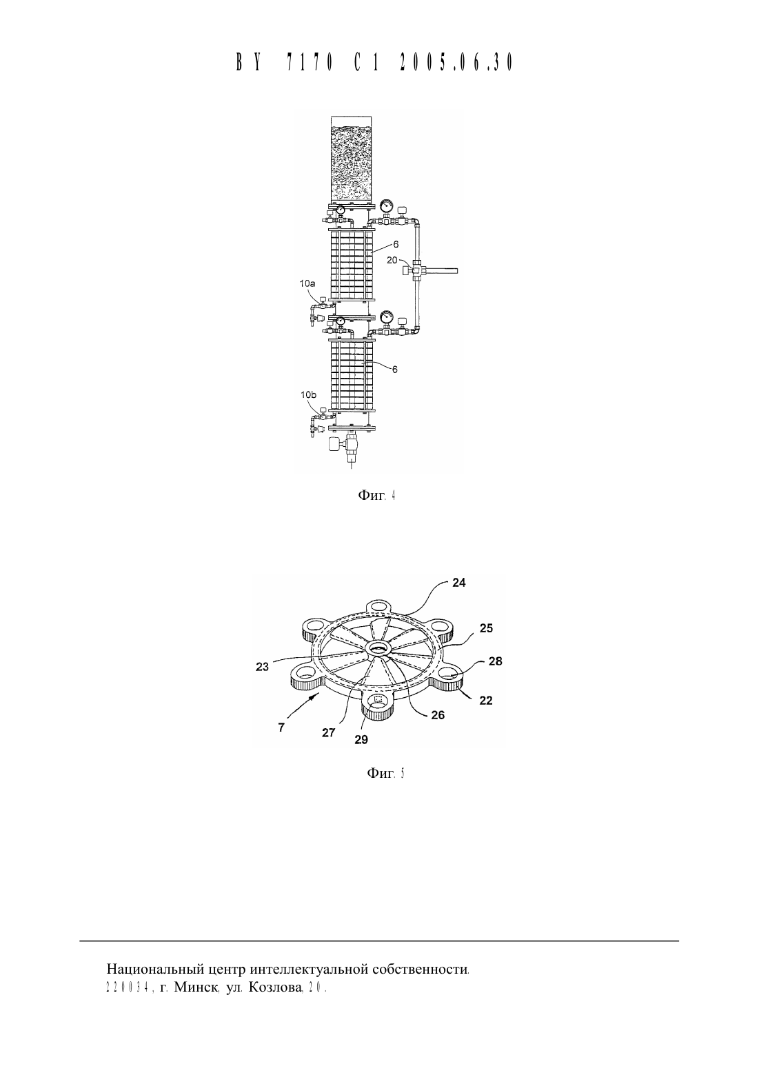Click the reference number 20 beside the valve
pos(392,260)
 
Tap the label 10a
pos(307,283)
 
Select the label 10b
pos(308,394)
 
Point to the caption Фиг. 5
pos(386,772)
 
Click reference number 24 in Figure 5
pos(458,583)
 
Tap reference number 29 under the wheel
pos(361,740)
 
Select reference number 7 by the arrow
pos(281,727)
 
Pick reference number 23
pos(262,667)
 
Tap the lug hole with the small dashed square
pos(378,701)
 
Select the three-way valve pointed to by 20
pos(415,270)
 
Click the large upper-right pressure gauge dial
pos(385,206)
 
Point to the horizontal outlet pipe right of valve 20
pos(440,270)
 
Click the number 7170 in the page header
pos(310,62)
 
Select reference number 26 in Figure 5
pos(438,714)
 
